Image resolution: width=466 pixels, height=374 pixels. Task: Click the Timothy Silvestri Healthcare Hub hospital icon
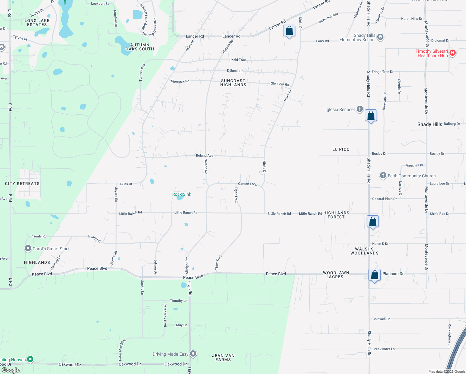[x=453, y=53]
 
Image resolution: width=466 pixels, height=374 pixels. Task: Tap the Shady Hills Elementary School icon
[x=380, y=37]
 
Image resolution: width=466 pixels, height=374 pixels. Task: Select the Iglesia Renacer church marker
[x=360, y=109]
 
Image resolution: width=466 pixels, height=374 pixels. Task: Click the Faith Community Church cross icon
[x=383, y=176]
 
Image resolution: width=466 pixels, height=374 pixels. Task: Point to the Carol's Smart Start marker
[x=28, y=248]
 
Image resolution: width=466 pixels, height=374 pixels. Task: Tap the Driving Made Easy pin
[x=193, y=354]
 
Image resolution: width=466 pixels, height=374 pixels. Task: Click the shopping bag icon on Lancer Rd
[x=289, y=31]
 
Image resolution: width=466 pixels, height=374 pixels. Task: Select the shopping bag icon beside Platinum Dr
[x=375, y=275]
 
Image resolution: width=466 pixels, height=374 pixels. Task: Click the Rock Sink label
[x=182, y=194]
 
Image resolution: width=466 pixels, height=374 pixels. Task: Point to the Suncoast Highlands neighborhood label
[x=233, y=83]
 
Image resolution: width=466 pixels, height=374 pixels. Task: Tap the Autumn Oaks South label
[x=140, y=47]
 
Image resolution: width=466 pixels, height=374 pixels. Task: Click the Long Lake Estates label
[x=37, y=22]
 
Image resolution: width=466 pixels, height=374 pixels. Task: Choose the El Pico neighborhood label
[x=341, y=149]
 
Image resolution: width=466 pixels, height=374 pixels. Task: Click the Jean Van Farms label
[x=223, y=357]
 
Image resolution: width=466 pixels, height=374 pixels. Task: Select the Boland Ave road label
[x=204, y=156]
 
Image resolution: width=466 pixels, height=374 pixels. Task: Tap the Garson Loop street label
[x=248, y=184]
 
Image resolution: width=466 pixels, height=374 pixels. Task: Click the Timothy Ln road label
[x=178, y=301]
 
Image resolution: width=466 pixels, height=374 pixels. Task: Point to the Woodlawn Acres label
[x=336, y=275]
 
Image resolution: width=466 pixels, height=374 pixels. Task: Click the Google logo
[x=11, y=370]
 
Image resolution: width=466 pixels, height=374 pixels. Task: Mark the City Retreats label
[x=22, y=184]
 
